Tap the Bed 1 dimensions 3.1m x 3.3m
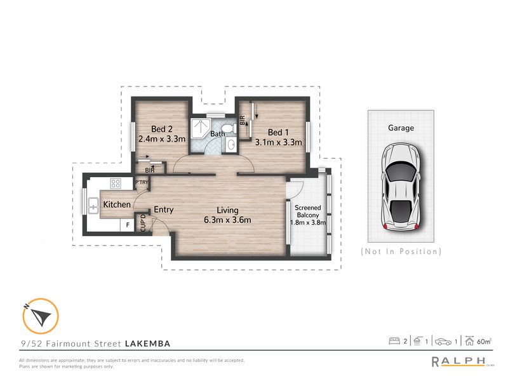[x=277, y=142]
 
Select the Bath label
[x=218, y=134]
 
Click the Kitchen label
[x=117, y=204]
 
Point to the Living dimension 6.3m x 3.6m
[x=227, y=220]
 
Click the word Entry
[x=163, y=210]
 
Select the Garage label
[x=401, y=128]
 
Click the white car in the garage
[x=401, y=187]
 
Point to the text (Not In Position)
[x=401, y=251]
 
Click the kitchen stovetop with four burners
[x=116, y=184]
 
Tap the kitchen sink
[x=93, y=205]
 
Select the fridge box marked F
[x=128, y=224]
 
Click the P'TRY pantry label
[x=141, y=184]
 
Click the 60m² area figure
[x=485, y=342]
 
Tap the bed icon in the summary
[x=394, y=342]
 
